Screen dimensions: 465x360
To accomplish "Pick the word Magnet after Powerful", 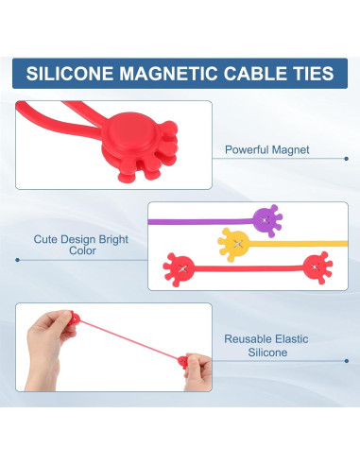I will tap(291, 149).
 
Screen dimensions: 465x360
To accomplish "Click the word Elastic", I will tap(292, 337).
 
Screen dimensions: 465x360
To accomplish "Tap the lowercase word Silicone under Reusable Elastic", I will tap(268, 352).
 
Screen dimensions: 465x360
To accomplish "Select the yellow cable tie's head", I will tap(234, 244).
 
